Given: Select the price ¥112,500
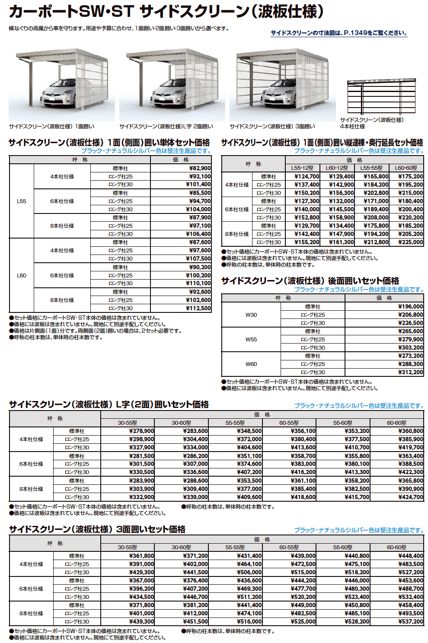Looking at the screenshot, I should coord(198,309).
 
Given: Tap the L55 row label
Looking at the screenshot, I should coord(22,201).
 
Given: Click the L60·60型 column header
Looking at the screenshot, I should coord(406,168).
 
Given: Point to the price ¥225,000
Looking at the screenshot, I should coord(410,242).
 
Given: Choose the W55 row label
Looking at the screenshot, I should coord(251,340).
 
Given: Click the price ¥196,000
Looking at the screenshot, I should coord(410,307).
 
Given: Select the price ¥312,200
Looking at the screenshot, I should coord(410,372).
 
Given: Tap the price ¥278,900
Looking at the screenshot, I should coord(141,431).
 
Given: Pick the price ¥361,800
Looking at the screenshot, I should coord(141,556).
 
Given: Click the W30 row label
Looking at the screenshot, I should coord(251,315).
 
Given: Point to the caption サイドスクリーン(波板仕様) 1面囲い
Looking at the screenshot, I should coord(51,127).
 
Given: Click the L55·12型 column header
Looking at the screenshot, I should coord(302,168).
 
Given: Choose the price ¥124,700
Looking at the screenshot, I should coord(307,177).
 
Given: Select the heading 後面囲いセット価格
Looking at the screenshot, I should coord(310,281).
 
